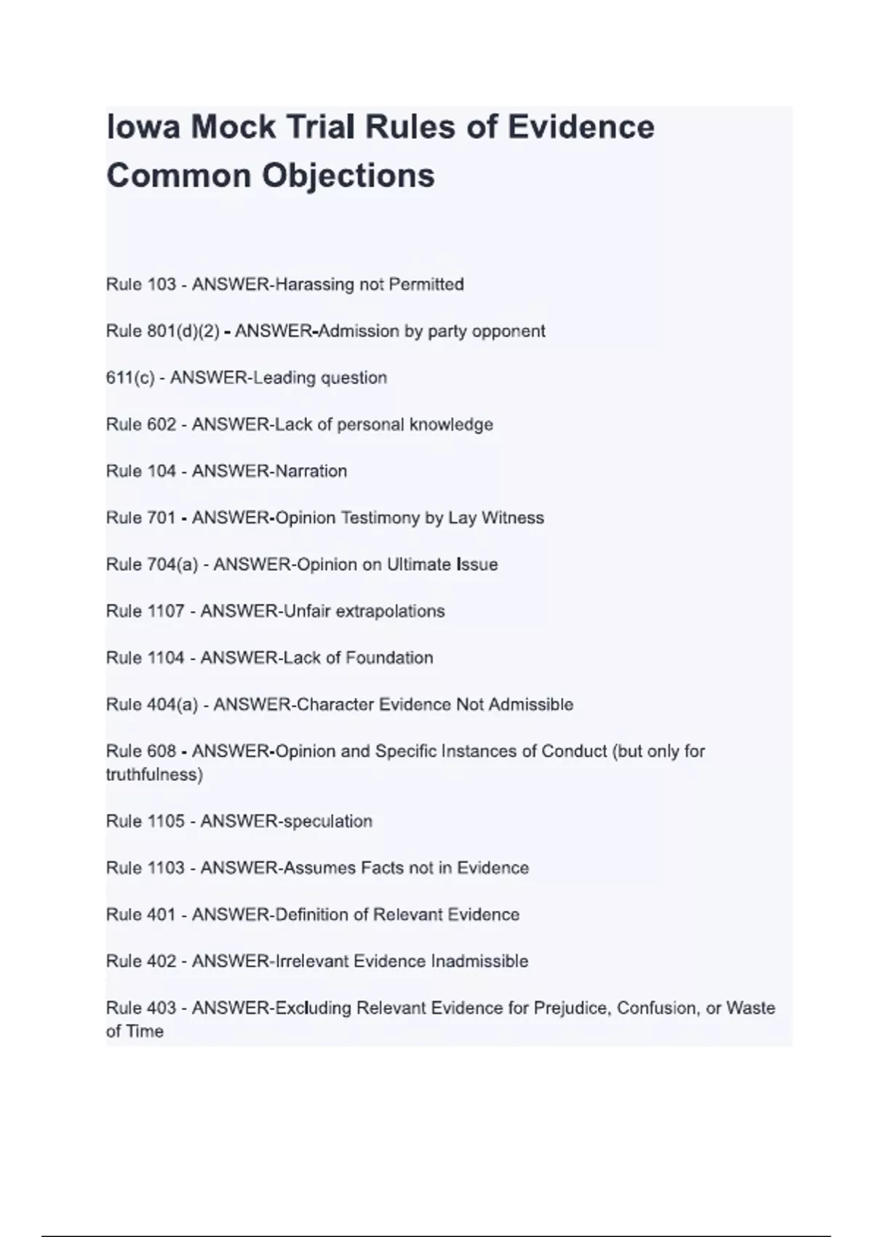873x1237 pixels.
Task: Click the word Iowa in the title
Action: coord(143,127)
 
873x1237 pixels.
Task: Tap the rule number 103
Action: coord(162,285)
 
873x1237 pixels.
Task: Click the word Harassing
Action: coord(314,285)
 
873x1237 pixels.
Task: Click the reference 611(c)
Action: coord(130,378)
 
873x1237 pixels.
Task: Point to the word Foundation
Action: coord(389,658)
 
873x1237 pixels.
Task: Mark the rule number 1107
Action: coord(166,611)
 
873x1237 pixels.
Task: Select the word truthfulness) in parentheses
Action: coord(154,775)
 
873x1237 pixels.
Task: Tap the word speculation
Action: coord(327,822)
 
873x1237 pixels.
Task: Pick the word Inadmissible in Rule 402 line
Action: coord(479,961)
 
